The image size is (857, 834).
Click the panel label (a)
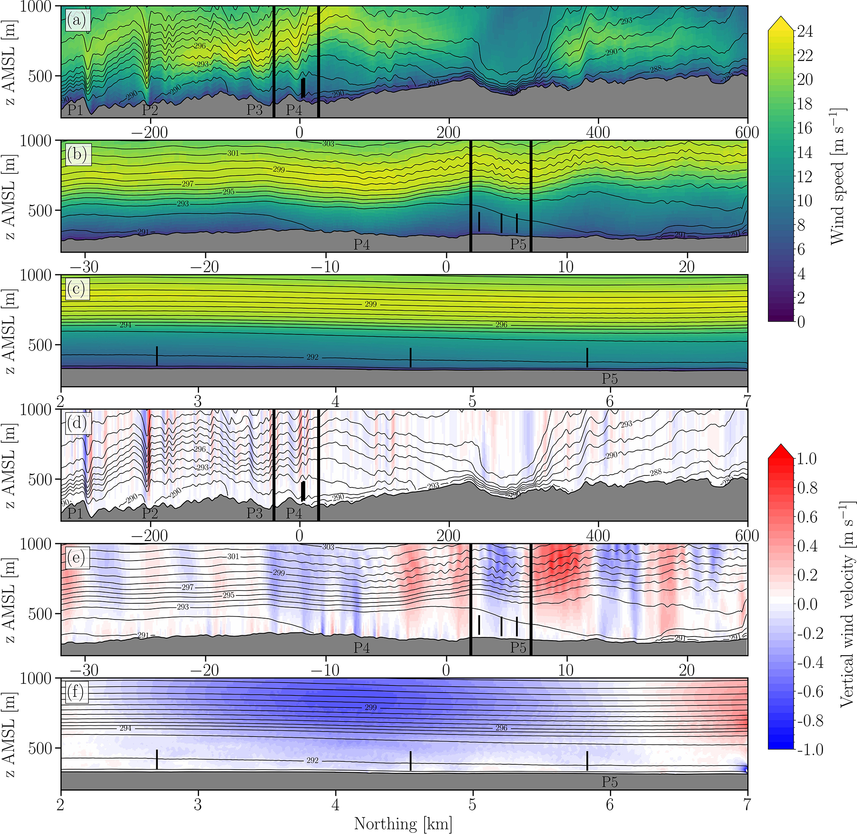(78, 20)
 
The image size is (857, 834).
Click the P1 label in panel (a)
(75, 110)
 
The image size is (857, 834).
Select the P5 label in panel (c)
(610, 378)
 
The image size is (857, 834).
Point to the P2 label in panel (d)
(150, 513)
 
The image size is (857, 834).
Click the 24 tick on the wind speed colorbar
(805, 32)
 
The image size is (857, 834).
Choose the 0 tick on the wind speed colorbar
(801, 322)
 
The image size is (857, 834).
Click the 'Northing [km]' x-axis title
(403, 824)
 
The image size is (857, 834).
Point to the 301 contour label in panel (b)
(233, 153)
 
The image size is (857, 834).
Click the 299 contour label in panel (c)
(370, 304)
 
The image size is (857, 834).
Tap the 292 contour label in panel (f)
(312, 761)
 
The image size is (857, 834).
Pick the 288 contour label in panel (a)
(655, 69)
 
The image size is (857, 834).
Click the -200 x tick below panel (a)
(151, 132)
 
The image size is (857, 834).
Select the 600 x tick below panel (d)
(747, 536)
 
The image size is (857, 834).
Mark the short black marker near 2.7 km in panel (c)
(157, 356)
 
